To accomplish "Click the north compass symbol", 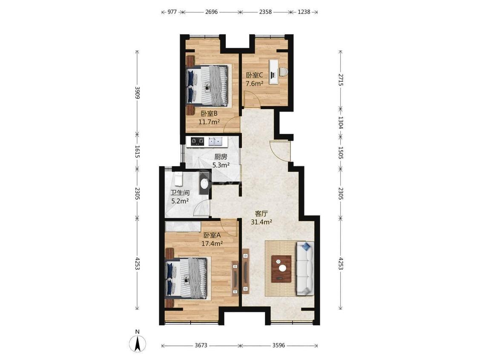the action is pos(138,343).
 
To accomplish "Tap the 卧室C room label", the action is pos(255,75).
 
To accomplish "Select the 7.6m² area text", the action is pos(255,84).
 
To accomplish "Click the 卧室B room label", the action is pos(209,114).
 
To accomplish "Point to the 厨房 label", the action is pos(221,157).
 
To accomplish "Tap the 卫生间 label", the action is pos(180,193).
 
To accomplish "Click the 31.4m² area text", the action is pos(261,222).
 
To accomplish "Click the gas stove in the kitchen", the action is pos(197,141).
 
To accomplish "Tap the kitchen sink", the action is pos(215,141).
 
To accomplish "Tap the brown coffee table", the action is pos(281,268).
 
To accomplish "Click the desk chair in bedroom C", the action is pos(283,72).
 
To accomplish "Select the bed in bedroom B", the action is pos(208,85).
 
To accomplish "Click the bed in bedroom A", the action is pos(186,278).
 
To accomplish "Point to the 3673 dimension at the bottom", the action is pos(201,346).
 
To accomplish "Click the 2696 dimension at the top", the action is pos(211,12).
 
